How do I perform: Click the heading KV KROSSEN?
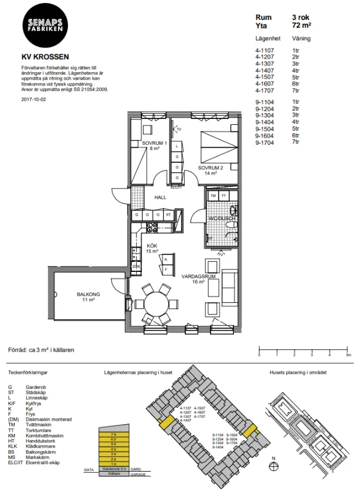pos(45,57)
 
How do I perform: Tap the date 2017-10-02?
pos(33,100)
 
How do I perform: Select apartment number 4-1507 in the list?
pos(265,77)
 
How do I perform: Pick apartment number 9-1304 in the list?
pos(265,115)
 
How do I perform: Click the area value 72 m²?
pos(301,26)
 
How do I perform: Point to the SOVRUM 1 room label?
pos(155,144)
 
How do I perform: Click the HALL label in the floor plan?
pos(160,197)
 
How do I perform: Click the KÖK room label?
pos(152,245)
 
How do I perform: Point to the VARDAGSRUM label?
pos(196,277)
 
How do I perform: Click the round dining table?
pos(157,304)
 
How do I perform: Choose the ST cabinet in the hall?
pos(168,214)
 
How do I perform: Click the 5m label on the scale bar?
pos(348,356)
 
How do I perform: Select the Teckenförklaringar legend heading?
pos(28,372)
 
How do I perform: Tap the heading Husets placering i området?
pos(298,372)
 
